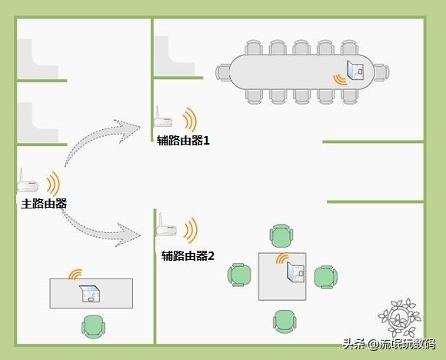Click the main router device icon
point(28,182)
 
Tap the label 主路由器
point(44,204)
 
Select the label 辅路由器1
point(183,140)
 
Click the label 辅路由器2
point(188,256)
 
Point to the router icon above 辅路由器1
point(163,118)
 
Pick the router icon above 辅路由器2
point(167,225)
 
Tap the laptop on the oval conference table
point(355,70)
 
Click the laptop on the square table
point(296,272)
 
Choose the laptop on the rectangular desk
point(90,293)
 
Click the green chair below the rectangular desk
point(93,327)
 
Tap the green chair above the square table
point(281,236)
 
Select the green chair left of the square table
point(239,275)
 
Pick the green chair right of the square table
point(326,277)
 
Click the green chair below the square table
point(285,322)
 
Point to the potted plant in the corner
point(400,318)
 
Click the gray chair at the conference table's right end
point(381,72)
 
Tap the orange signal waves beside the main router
point(53,183)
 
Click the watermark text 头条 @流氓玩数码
point(389,344)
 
